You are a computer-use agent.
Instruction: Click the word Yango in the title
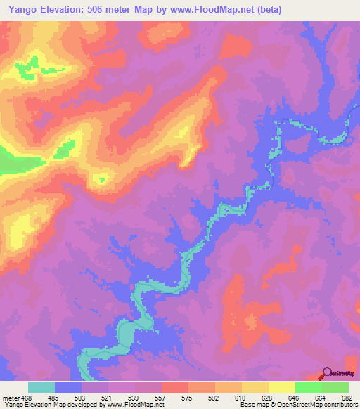pos(21,10)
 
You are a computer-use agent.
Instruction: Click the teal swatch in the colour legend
pos(41,387)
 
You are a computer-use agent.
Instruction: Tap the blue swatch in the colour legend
pos(68,387)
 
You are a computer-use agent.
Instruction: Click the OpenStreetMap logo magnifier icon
pos(326,374)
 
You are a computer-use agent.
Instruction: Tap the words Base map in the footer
pos(254,405)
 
